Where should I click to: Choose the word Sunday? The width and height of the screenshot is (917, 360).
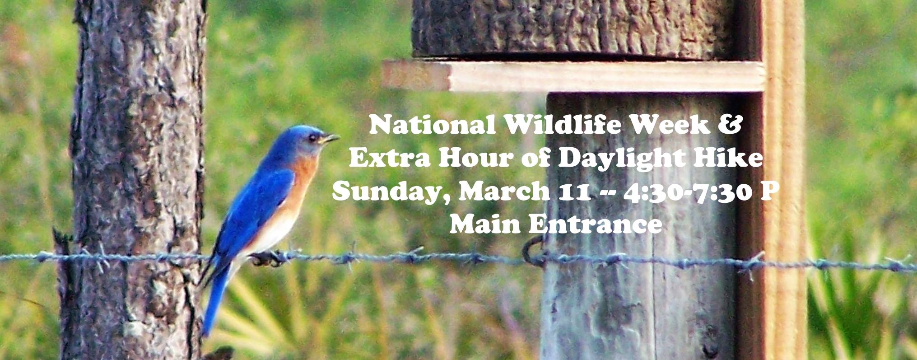pos(391,194)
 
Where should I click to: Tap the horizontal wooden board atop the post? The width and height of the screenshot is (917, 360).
pos(573,76)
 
